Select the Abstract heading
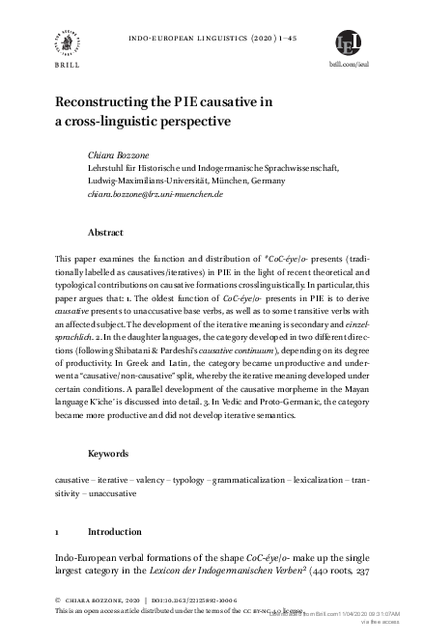coord(106,233)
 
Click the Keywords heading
coord(109,453)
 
